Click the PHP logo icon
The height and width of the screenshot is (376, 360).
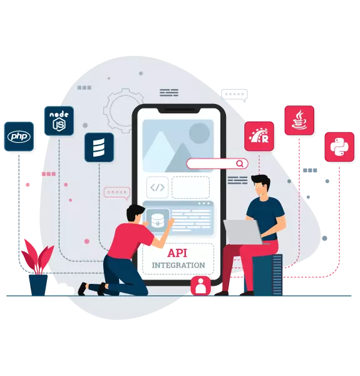(x=19, y=137)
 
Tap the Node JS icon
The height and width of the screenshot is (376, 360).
(x=59, y=121)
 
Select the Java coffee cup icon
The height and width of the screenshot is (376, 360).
(x=299, y=120)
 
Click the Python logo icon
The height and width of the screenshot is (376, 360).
(x=339, y=147)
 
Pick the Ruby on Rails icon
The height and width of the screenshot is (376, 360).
(x=259, y=137)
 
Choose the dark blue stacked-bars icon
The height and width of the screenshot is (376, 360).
(x=99, y=147)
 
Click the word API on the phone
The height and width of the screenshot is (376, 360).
(x=177, y=253)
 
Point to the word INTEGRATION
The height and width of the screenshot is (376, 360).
(x=178, y=265)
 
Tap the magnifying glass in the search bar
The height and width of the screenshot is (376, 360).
(x=240, y=164)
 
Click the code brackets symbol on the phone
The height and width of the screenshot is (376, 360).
(x=157, y=187)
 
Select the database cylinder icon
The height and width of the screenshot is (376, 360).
(x=158, y=221)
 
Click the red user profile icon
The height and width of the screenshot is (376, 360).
(x=201, y=286)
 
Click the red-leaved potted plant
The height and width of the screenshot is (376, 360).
(x=38, y=267)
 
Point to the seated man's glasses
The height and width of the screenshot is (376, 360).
(x=259, y=186)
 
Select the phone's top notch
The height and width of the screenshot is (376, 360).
(x=178, y=110)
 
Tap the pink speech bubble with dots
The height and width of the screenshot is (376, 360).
(x=117, y=193)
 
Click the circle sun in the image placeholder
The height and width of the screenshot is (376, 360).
(x=199, y=133)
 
